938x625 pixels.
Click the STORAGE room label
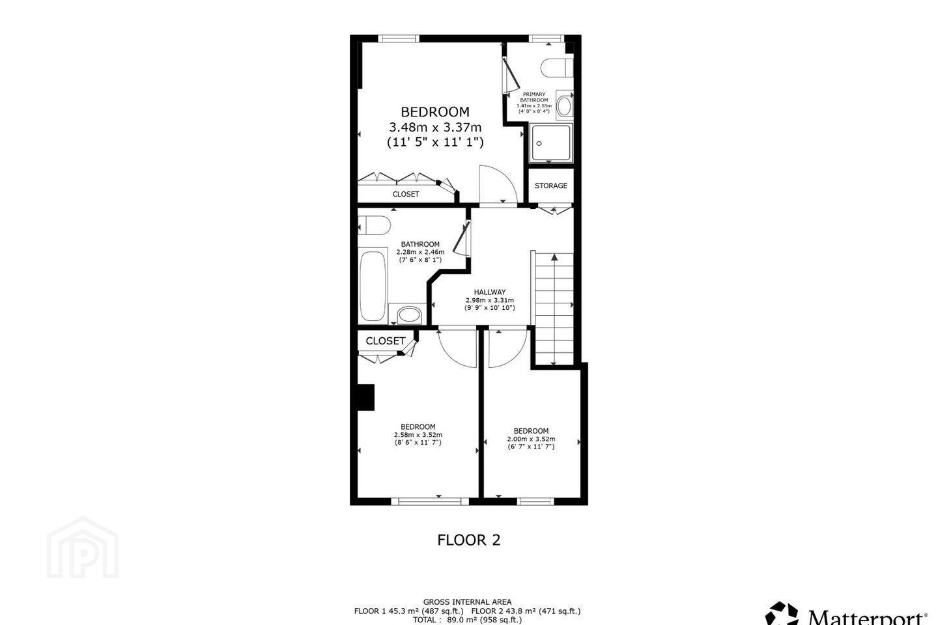coord(550,186)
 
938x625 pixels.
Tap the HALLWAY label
coord(490,292)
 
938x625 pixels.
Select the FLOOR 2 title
coord(468,540)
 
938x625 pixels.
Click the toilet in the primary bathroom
coord(556,68)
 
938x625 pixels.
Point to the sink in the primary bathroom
coord(564,105)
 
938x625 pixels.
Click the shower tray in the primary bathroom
coord(550,143)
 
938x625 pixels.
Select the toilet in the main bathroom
coord(375,225)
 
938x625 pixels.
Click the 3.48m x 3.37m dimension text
coord(435,127)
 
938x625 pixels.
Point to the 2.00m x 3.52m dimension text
coord(531,439)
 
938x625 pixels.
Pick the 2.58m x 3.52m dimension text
coord(418,434)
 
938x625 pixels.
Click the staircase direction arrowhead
coord(554,257)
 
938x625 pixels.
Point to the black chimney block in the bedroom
coord(365,397)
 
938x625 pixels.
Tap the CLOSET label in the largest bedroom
coord(406,194)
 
